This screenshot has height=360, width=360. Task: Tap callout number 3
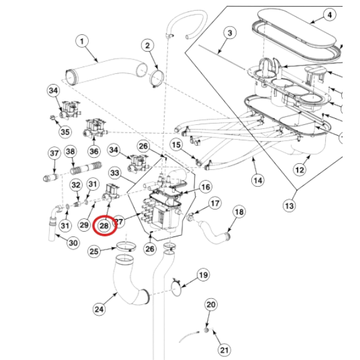tap(229, 33)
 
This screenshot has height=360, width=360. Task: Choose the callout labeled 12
tap(299, 170)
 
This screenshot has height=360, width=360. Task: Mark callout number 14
tap(258, 178)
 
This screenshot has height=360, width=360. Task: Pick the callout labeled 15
tap(176, 145)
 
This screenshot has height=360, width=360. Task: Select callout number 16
tap(206, 187)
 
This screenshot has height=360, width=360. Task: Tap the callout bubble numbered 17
tap(215, 205)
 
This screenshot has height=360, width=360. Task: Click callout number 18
tap(239, 211)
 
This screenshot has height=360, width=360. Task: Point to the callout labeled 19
tap(203, 275)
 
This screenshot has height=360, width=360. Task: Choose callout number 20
tap(211, 305)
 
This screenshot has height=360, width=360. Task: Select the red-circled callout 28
tap(106, 225)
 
